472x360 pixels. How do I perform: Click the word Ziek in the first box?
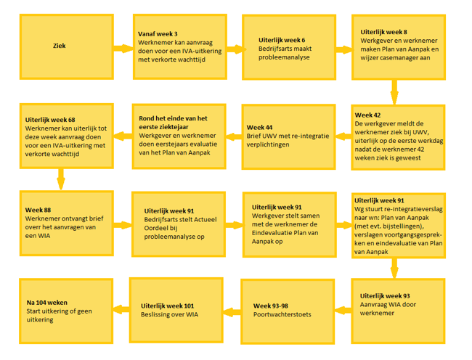coord(60,46)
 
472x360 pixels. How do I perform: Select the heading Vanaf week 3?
coord(158,34)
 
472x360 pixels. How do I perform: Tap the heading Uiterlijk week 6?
coord(282,40)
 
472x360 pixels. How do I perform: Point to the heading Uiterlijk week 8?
coord(384,32)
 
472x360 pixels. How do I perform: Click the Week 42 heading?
coord(367,115)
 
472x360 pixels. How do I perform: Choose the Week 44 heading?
coord(259,127)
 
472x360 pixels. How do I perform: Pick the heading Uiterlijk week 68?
coord(50,120)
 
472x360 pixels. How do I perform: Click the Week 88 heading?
coord(38,210)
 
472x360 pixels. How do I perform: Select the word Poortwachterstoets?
coord(282,314)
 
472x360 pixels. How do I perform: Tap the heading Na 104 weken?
coord(47,303)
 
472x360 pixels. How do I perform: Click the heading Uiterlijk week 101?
coord(167,306)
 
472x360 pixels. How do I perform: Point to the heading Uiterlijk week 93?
coord(385,296)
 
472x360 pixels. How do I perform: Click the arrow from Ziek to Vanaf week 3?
coord(123,49)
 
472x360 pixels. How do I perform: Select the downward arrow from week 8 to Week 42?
coord(394,92)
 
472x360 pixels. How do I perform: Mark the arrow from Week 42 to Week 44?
coord(343,136)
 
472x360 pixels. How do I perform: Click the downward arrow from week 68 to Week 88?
coord(61,179)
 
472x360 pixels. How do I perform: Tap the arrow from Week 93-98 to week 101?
coord(232,312)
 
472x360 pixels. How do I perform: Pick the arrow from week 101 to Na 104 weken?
coord(121,309)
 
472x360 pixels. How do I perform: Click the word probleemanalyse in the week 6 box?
coord(284,57)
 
